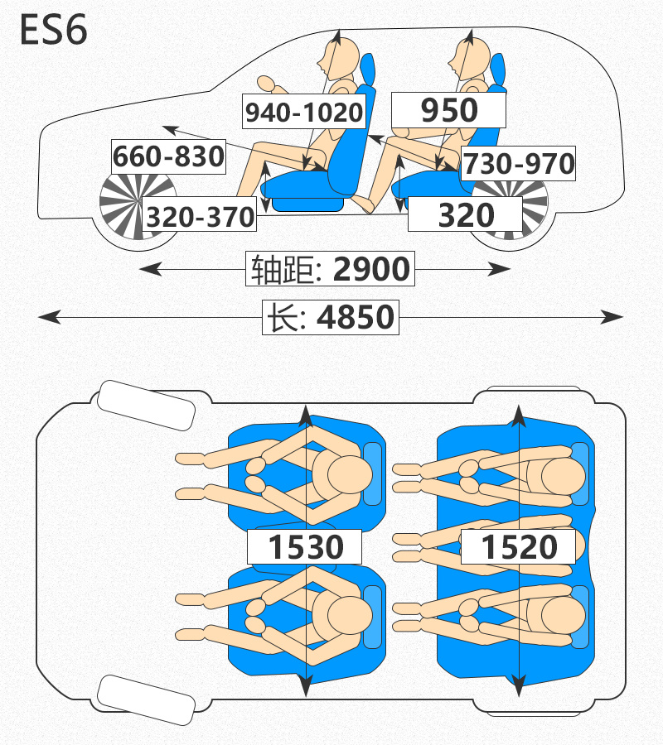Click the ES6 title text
point(53,30)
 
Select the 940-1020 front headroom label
point(304,112)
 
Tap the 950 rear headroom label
point(448,110)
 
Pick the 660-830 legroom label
point(168,156)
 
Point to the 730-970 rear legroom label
point(519,163)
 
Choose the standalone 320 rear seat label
point(466,214)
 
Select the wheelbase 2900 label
point(330,269)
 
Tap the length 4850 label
point(331,317)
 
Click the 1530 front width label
point(304,546)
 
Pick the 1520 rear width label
point(519,546)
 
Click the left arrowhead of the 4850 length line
point(50,317)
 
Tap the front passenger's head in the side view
point(341,59)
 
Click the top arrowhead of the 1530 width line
point(306,416)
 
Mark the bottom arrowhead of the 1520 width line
point(519,686)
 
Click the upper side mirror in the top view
point(146,406)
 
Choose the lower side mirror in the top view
point(146,699)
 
